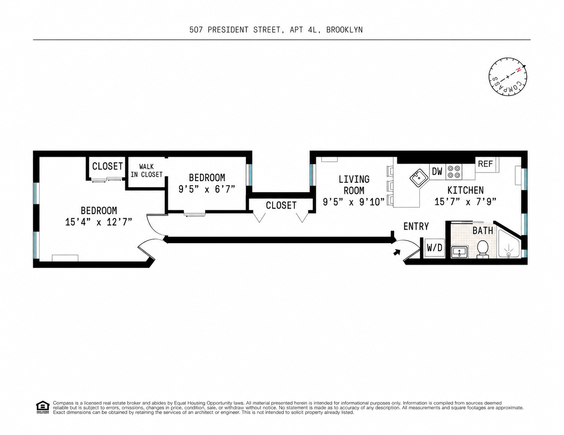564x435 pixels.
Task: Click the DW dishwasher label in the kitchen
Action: point(437,171)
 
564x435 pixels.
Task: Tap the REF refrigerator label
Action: point(485,164)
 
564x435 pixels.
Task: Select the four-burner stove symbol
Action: point(454,172)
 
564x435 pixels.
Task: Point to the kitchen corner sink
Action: point(419,178)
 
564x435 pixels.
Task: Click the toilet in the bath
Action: point(483,249)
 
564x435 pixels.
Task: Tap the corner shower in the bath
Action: point(509,244)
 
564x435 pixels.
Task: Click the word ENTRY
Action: point(416,227)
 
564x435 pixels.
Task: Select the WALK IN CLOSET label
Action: point(147,171)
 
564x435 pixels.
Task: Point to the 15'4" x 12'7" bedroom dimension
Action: point(99,222)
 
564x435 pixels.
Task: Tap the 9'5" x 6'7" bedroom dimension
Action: point(207,189)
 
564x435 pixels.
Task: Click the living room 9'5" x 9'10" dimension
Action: point(353,202)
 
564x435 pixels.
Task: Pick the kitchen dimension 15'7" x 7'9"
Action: point(465,202)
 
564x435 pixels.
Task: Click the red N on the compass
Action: point(518,70)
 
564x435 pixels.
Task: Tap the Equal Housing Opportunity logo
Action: point(43,407)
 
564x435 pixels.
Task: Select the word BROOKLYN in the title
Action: point(344,30)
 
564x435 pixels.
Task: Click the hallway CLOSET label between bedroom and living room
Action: point(281,205)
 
